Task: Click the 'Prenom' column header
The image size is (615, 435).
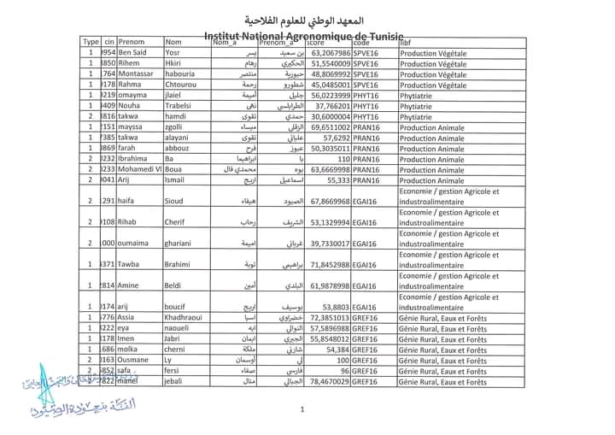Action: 132,42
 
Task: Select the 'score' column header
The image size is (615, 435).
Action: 316,42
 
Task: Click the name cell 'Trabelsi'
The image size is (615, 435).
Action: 179,106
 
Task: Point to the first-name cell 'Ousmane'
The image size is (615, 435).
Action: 135,360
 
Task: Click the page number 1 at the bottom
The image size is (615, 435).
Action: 302,409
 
